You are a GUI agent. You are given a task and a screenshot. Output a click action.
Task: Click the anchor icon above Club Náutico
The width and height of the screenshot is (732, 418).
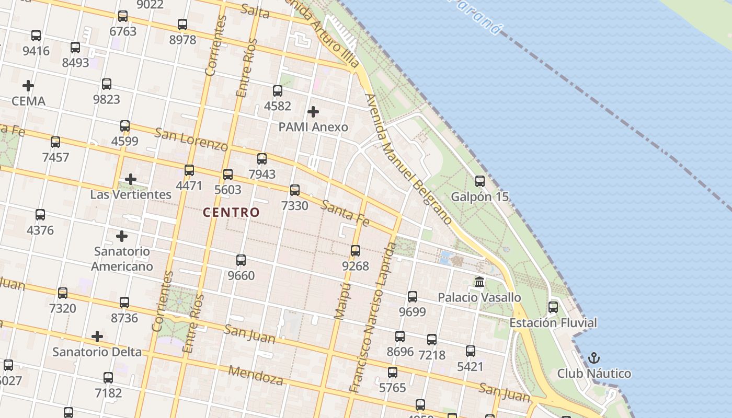(x=593, y=358)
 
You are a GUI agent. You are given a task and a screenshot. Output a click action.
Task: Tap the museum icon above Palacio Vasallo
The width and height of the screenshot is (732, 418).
(x=479, y=282)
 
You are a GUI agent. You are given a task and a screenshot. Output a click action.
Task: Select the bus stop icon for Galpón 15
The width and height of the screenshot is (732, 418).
(x=480, y=181)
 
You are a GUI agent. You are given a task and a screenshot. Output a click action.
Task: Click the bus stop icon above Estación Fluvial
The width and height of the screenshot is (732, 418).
(x=553, y=307)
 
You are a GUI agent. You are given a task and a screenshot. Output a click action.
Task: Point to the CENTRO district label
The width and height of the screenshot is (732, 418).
(x=231, y=212)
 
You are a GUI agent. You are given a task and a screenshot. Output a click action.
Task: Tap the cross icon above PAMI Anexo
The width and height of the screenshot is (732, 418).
(x=313, y=111)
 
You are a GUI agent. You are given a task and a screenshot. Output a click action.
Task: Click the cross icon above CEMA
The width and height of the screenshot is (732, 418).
(x=28, y=85)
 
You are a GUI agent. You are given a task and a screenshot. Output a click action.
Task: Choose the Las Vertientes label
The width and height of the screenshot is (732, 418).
(x=131, y=194)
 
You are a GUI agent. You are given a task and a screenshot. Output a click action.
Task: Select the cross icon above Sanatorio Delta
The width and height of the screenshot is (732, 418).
(x=97, y=336)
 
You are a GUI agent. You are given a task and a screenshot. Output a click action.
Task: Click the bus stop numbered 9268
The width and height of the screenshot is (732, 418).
(x=356, y=251)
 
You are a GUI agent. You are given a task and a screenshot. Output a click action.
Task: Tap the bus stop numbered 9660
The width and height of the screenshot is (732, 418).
(x=241, y=260)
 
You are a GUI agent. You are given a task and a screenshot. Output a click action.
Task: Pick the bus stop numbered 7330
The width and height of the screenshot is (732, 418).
(x=295, y=190)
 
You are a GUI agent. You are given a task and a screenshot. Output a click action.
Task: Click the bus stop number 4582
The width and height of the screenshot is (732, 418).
(x=278, y=91)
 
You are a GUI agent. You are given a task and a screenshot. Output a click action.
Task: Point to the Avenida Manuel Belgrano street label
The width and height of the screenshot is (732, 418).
(x=408, y=159)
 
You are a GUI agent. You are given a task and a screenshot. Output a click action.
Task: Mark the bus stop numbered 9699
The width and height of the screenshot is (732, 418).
(x=413, y=297)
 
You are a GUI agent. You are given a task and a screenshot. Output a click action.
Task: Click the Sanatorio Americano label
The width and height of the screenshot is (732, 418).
(x=122, y=259)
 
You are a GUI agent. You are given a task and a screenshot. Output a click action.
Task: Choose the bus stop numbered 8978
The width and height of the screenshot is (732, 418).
(x=182, y=25)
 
